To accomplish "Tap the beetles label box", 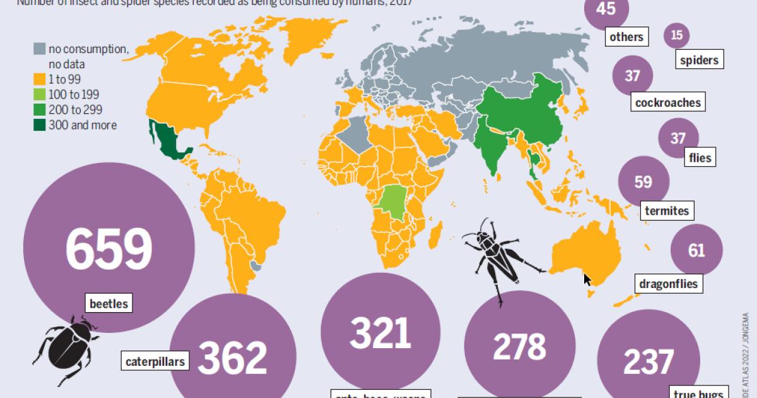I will click(109, 304).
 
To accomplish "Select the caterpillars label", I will click(155, 362).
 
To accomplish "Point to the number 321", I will click(380, 334).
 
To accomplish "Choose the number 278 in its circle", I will click(519, 346).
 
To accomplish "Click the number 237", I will click(648, 362).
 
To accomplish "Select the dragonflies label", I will click(669, 284).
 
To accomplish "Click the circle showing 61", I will click(696, 251).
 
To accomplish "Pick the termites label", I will click(666, 210).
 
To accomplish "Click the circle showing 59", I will click(643, 182).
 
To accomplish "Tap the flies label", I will click(698, 157).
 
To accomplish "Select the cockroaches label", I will click(669, 102).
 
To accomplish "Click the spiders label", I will click(699, 60).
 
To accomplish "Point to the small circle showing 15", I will click(677, 36).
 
